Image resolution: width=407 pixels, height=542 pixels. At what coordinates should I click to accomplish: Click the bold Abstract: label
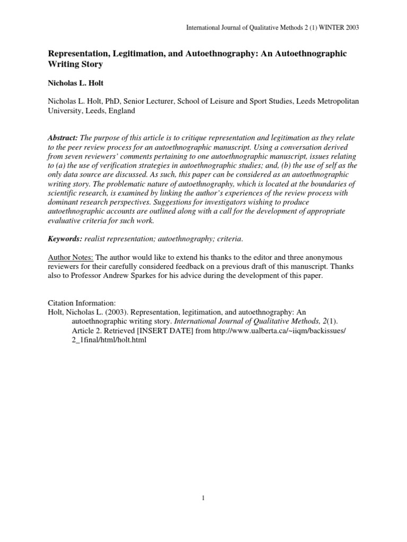click(x=63, y=137)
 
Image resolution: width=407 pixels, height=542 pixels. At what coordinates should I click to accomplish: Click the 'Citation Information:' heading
click(x=82, y=303)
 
